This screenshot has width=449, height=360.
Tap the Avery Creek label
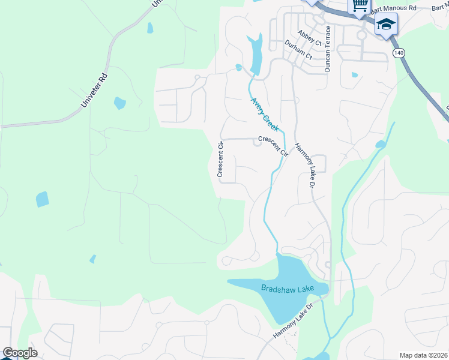click(265, 115)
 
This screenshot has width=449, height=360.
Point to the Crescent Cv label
click(220, 160)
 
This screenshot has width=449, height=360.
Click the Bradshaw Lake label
click(288, 289)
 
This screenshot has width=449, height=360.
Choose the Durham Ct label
click(298, 50)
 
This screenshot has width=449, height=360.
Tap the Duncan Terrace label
click(328, 49)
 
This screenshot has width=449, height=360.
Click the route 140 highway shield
click(399, 53)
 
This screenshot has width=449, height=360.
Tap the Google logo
click(19, 353)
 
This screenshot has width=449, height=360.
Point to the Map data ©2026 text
click(423, 355)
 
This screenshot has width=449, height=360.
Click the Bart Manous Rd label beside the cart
click(394, 8)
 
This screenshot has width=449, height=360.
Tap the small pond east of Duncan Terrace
click(355, 75)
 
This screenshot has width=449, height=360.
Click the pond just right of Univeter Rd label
click(119, 103)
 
